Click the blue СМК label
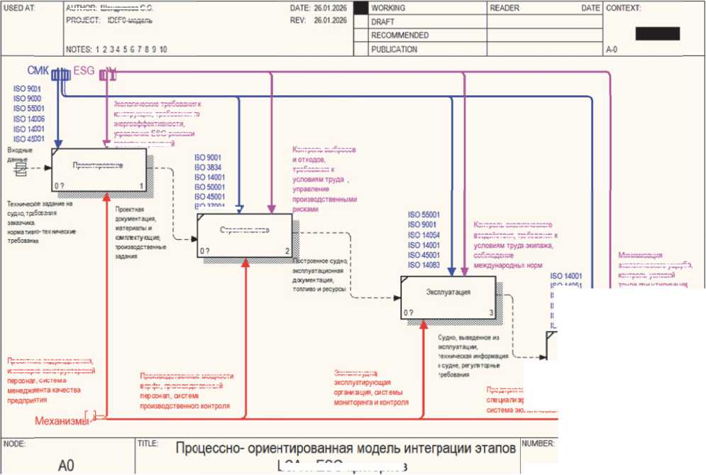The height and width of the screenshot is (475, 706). click(38, 71)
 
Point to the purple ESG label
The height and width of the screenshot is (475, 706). click(84, 71)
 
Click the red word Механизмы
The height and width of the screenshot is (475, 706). click(62, 421)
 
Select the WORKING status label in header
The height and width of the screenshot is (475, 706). click(388, 8)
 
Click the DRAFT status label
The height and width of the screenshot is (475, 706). click(382, 22)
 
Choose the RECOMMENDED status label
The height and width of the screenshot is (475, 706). click(399, 36)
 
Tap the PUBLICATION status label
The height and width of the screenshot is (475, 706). click(394, 50)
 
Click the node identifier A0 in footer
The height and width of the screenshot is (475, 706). click(66, 466)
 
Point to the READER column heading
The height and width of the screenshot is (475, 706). click(504, 8)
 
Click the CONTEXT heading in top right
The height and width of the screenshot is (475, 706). click(624, 8)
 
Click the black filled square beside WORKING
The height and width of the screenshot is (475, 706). click(361, 8)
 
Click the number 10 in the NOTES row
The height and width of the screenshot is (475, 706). click(163, 50)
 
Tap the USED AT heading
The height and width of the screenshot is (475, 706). click(18, 8)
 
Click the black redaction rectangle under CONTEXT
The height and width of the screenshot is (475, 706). click(657, 33)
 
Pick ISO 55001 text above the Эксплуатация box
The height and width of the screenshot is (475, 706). click(424, 214)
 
